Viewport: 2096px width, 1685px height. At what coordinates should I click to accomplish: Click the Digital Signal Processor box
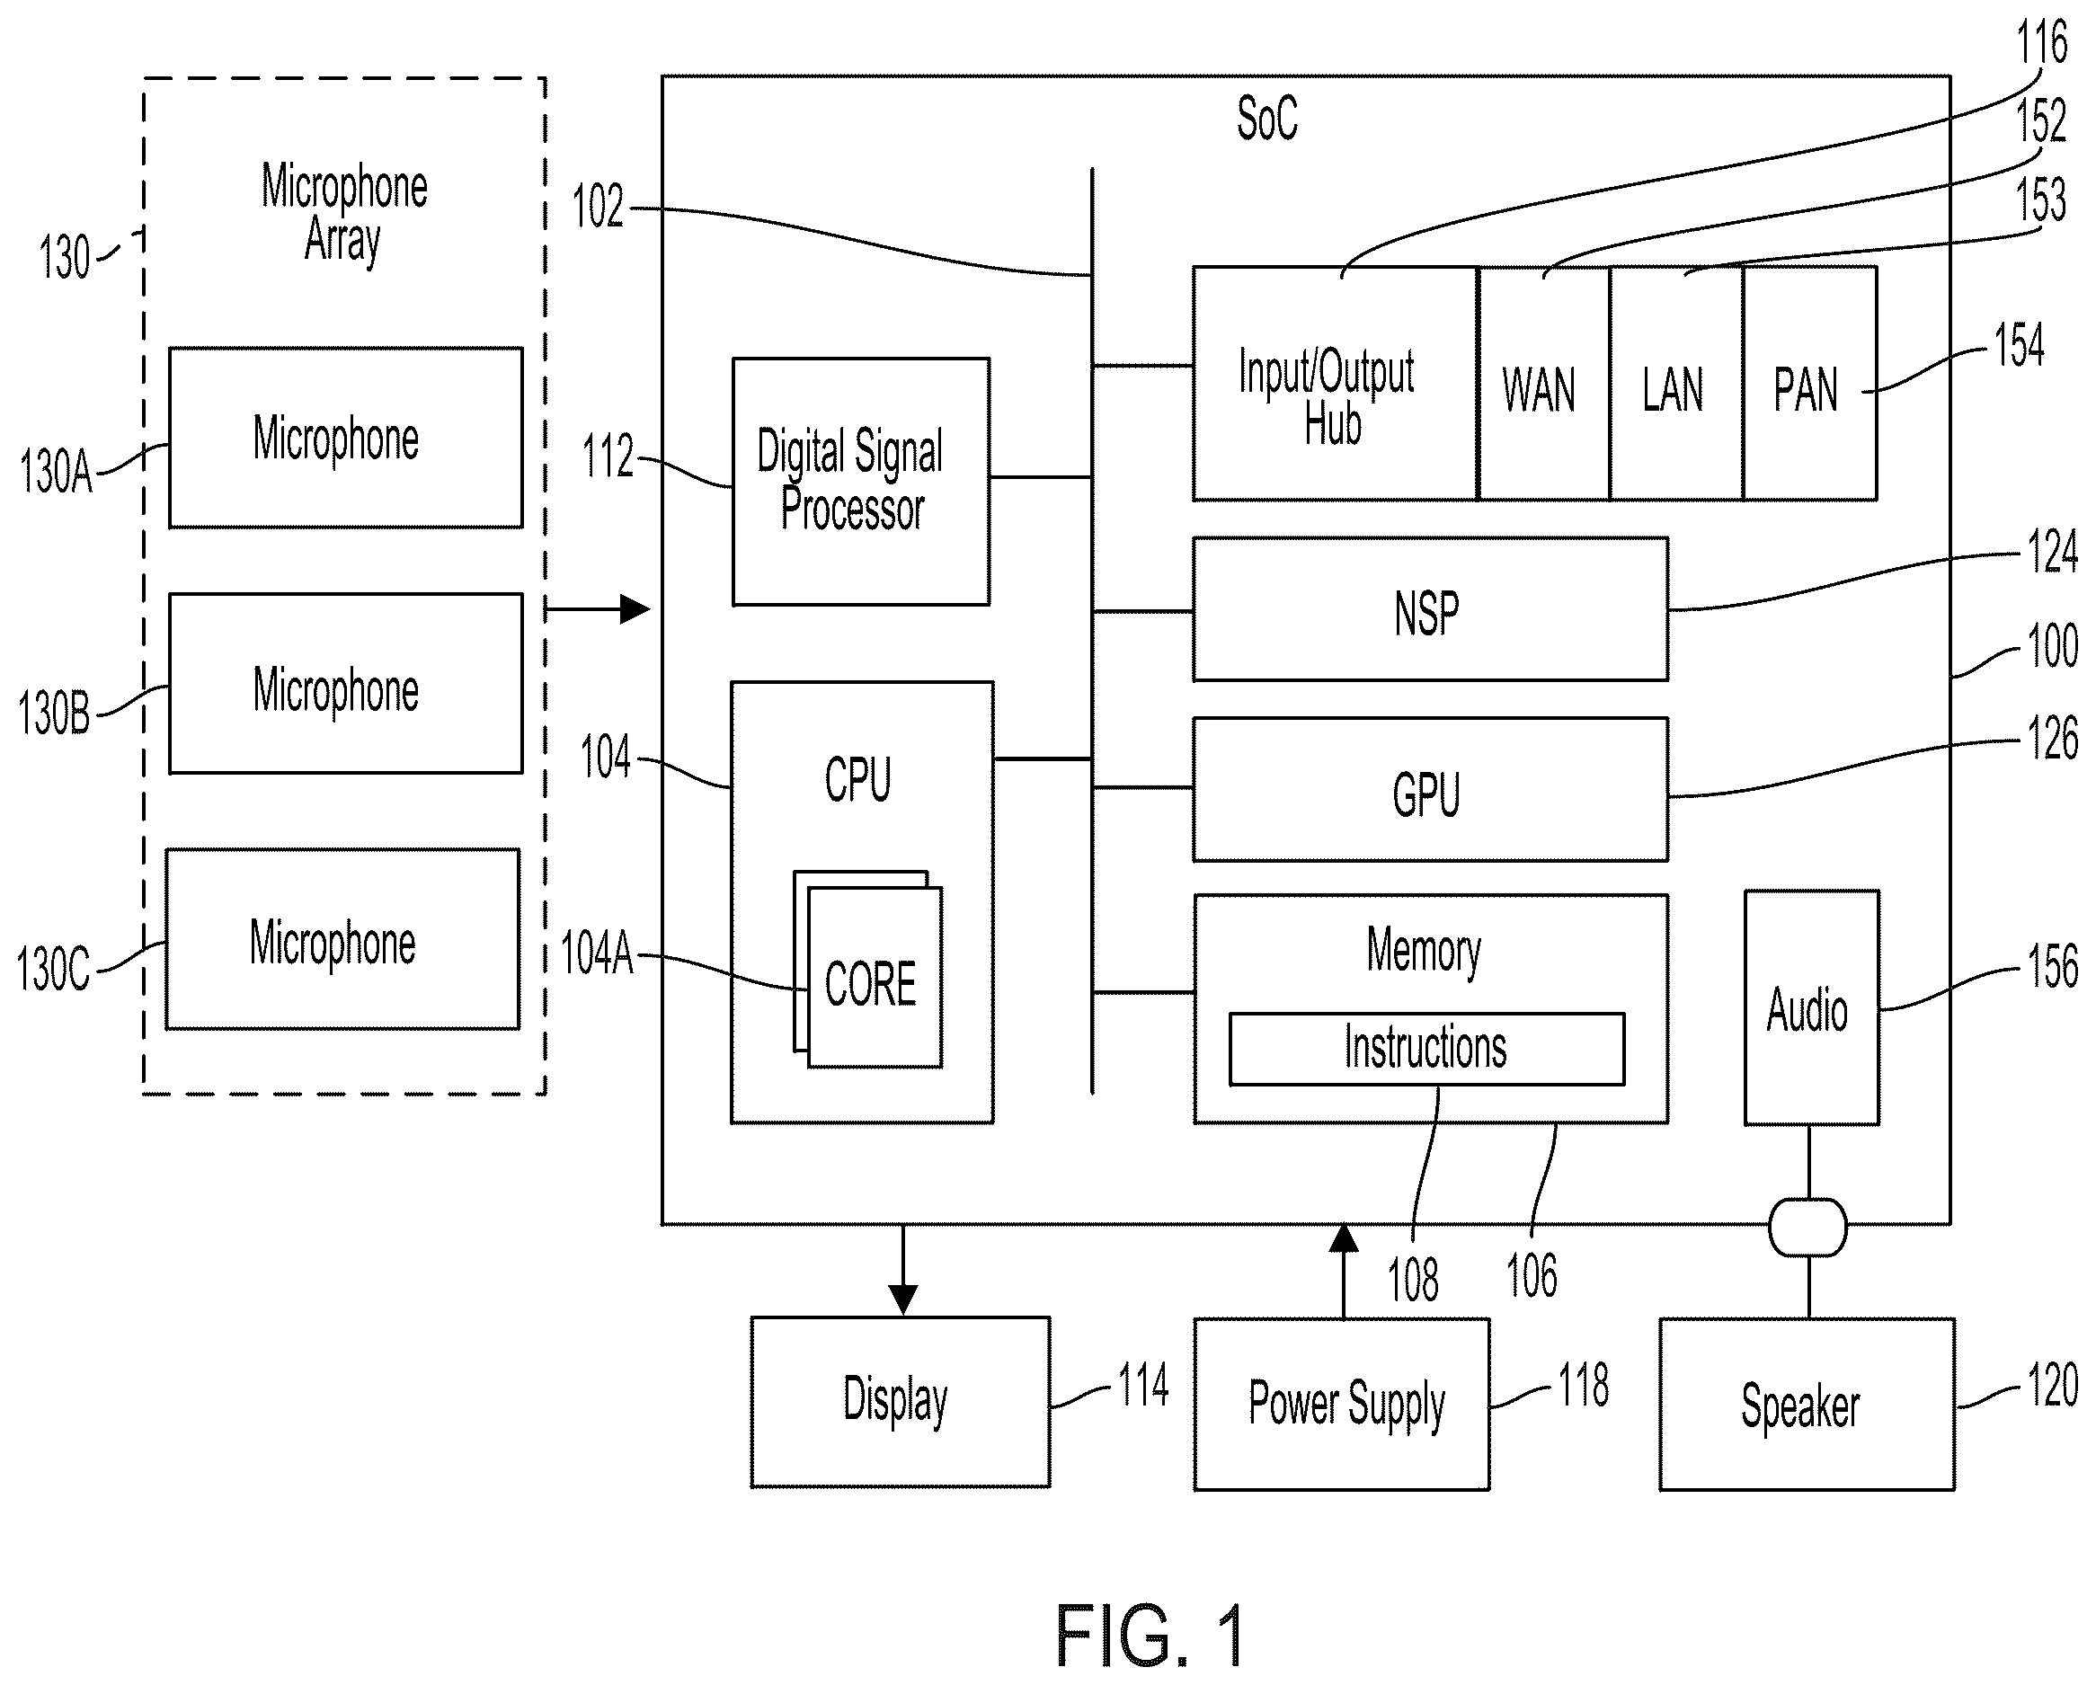click(x=860, y=482)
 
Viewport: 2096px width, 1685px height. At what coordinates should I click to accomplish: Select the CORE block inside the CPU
click(x=875, y=977)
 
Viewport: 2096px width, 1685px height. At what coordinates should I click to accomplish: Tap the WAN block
click(x=1543, y=384)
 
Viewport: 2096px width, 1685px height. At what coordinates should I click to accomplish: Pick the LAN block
click(x=1676, y=384)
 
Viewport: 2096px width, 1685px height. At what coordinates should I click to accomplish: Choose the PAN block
click(x=1809, y=384)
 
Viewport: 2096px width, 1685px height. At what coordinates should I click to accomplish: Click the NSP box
click(x=1430, y=609)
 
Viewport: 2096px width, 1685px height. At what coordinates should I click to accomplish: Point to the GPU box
click(x=1430, y=790)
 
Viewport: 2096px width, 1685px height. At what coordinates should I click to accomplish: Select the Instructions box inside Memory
click(x=1426, y=1049)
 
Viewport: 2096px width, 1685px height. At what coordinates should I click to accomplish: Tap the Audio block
click(x=1811, y=1008)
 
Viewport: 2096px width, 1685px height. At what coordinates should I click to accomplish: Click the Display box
click(x=901, y=1402)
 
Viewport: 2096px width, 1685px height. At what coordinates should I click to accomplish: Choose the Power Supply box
click(x=1342, y=1404)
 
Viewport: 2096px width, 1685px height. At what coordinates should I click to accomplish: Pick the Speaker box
click(x=1807, y=1404)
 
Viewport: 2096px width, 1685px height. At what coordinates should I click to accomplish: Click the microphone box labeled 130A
click(x=345, y=438)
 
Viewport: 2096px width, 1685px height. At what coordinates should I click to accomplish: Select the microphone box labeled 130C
click(x=342, y=939)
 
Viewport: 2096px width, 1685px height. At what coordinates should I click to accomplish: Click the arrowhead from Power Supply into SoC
click(x=1344, y=1237)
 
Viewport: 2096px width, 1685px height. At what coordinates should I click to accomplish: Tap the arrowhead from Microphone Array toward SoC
click(x=635, y=609)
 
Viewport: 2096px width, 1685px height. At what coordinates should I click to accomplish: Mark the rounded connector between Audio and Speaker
click(x=1808, y=1227)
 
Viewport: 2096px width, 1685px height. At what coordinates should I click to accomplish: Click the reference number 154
click(x=2020, y=345)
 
